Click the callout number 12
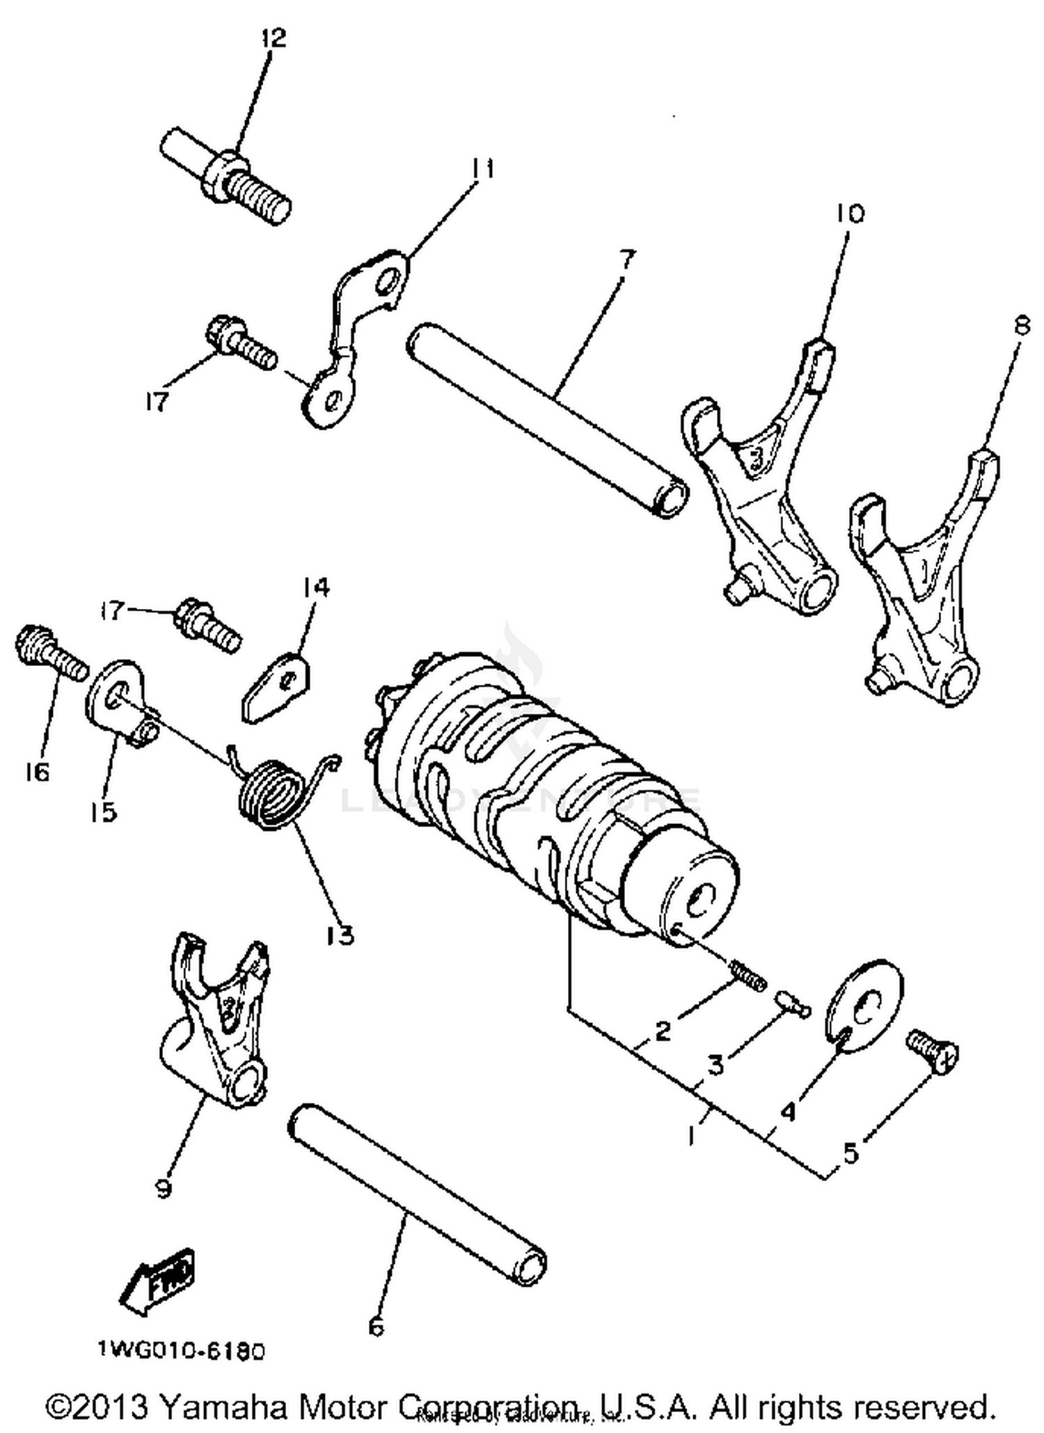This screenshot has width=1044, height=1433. (274, 38)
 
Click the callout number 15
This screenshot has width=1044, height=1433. (103, 811)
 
